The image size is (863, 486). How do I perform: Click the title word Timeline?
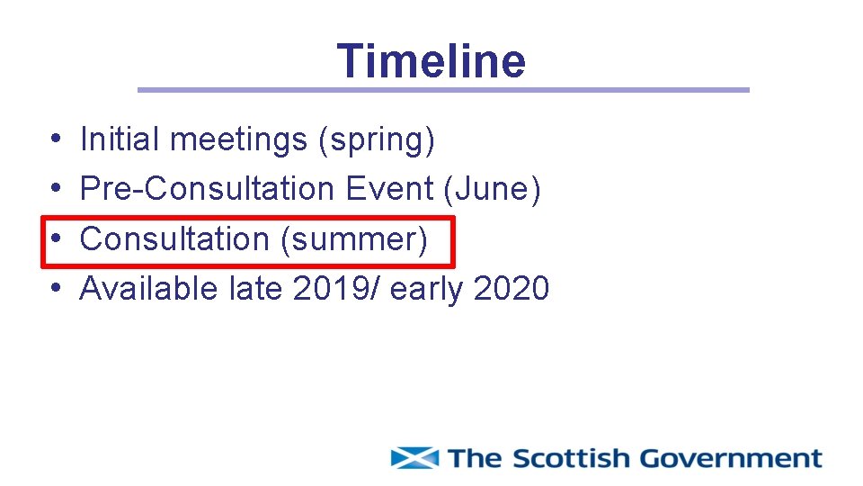(431, 61)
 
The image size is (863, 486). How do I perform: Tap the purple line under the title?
(442, 90)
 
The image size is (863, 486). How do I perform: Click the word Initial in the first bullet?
(118, 139)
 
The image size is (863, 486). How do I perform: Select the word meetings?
(238, 140)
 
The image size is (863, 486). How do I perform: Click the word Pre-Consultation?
(207, 189)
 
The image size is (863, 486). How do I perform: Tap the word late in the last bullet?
(256, 289)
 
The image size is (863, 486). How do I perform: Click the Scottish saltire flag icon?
(414, 458)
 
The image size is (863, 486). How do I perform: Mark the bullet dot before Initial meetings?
(56, 140)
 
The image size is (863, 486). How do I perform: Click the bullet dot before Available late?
(56, 289)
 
